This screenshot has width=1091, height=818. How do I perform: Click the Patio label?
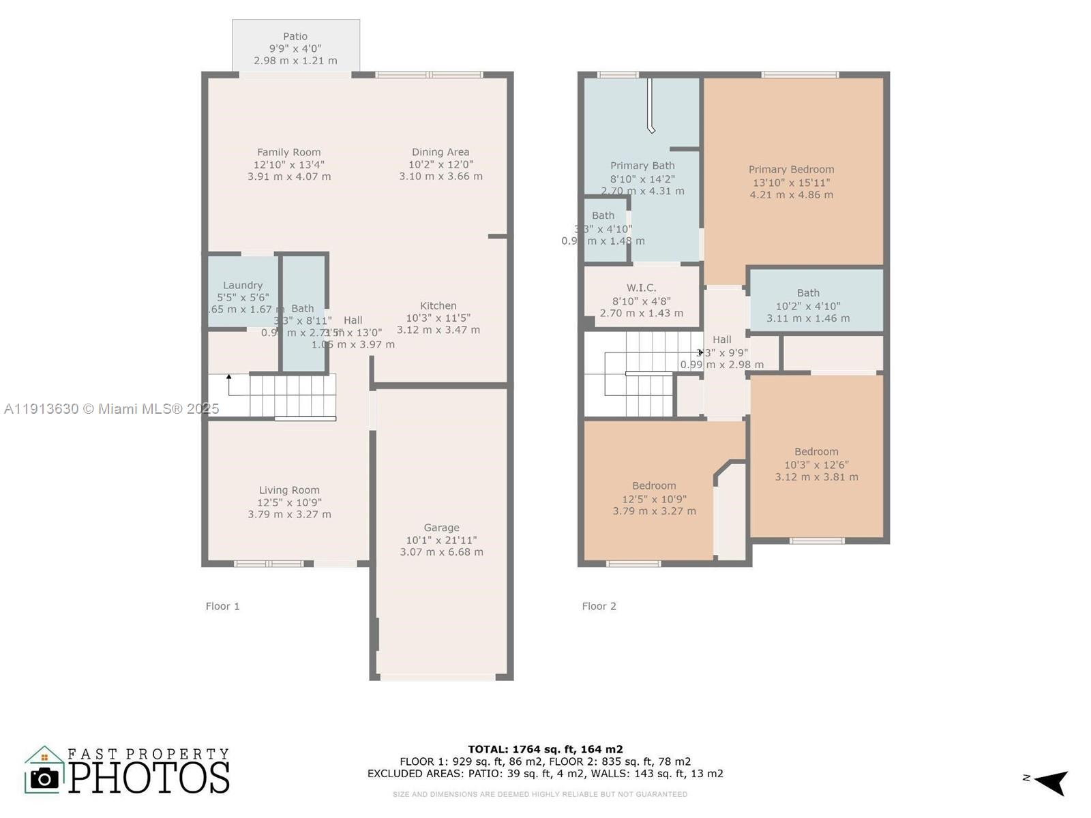pyautogui.click(x=295, y=37)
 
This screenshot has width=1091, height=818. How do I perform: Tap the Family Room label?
pyautogui.click(x=288, y=153)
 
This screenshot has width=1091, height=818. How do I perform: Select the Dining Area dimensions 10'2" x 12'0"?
pyautogui.click(x=440, y=164)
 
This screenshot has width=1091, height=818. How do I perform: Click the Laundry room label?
pyautogui.click(x=243, y=286)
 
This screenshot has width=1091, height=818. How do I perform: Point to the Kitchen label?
pyautogui.click(x=438, y=306)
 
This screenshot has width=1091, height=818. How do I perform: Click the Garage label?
pyautogui.click(x=441, y=528)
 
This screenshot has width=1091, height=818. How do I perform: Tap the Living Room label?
pyautogui.click(x=289, y=490)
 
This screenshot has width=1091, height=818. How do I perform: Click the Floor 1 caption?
pyautogui.click(x=222, y=606)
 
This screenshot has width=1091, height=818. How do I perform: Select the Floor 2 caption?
pyautogui.click(x=599, y=606)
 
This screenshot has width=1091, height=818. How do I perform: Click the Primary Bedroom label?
pyautogui.click(x=791, y=170)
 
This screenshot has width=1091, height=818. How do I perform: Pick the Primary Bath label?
pyautogui.click(x=642, y=166)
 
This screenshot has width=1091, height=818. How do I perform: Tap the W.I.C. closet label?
pyautogui.click(x=641, y=288)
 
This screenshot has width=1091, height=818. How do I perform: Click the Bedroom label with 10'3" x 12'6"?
pyautogui.click(x=816, y=452)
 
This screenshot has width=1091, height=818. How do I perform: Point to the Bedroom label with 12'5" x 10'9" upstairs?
pyautogui.click(x=654, y=486)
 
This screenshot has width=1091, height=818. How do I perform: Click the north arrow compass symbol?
pyautogui.click(x=1050, y=781)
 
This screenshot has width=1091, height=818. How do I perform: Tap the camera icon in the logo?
pyautogui.click(x=45, y=778)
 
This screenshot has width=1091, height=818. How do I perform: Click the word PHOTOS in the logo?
pyautogui.click(x=149, y=778)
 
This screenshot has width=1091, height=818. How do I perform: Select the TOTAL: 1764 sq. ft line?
pyautogui.click(x=545, y=749)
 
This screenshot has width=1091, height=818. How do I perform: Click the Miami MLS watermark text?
pyautogui.click(x=112, y=409)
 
